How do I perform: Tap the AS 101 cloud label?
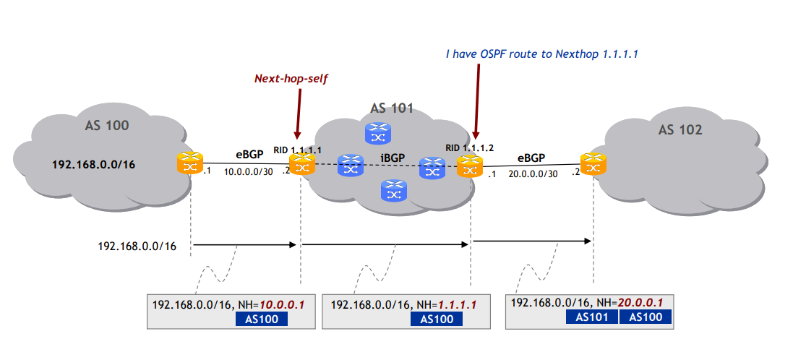tap(391, 109)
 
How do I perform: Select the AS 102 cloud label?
tap(680, 130)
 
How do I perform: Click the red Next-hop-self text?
tap(291, 78)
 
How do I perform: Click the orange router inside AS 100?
tap(190, 163)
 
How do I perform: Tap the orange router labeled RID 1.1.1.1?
tap(299, 165)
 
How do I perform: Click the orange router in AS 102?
tap(593, 163)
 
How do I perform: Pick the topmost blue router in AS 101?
tap(377, 132)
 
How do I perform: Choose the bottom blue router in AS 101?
tap(393, 190)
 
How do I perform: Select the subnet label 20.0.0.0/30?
tap(532, 173)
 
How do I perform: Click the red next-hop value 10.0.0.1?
tap(283, 305)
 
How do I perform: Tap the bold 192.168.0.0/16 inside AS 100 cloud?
tap(94, 163)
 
